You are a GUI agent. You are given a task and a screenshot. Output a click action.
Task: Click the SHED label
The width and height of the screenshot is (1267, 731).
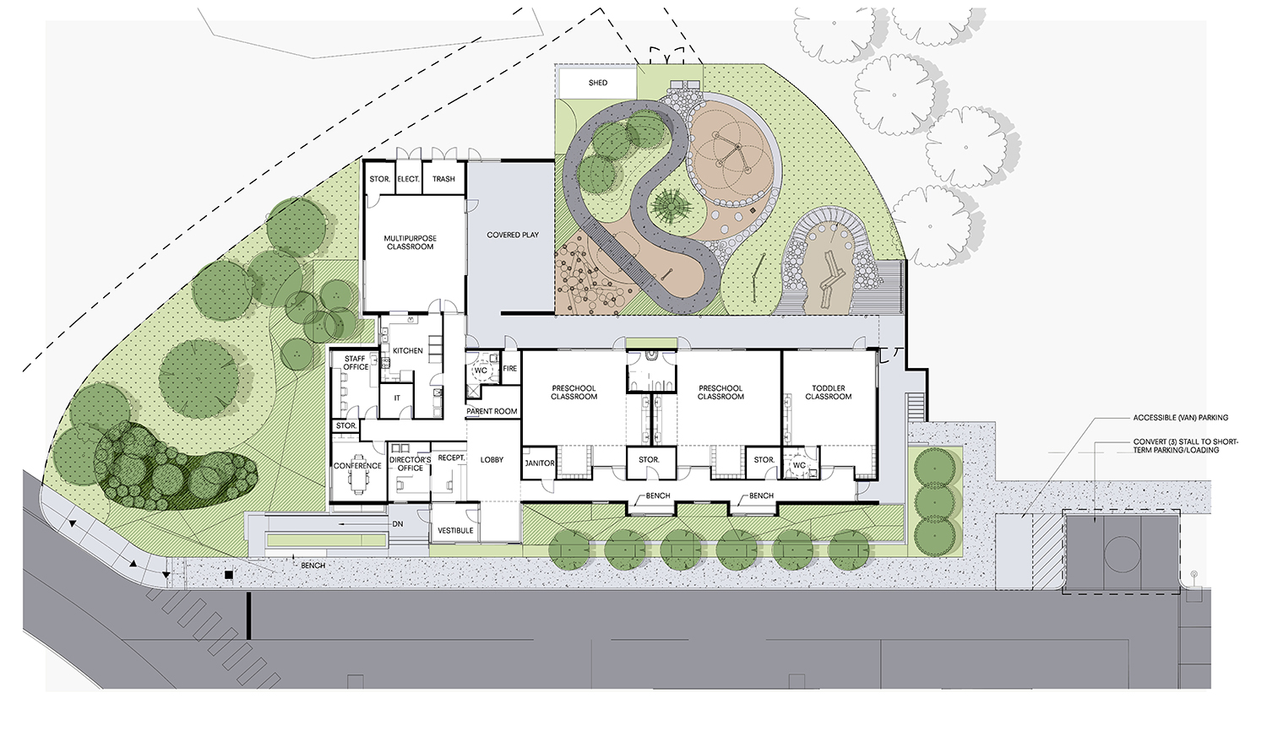(x=598, y=83)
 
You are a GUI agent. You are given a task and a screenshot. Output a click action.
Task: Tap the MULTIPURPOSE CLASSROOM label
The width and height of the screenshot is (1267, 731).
(x=411, y=242)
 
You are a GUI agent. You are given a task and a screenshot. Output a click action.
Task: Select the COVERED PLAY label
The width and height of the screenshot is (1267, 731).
(x=513, y=235)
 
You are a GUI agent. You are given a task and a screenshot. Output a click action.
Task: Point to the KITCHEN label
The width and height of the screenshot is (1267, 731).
(x=408, y=350)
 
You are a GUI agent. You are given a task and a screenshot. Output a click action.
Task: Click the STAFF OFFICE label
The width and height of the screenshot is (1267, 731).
(x=356, y=363)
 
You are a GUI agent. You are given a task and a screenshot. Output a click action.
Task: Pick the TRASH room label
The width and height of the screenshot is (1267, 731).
(x=443, y=179)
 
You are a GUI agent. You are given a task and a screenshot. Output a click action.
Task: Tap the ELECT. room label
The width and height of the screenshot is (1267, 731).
(x=408, y=179)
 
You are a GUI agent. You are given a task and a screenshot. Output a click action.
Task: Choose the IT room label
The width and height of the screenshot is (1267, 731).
(x=397, y=398)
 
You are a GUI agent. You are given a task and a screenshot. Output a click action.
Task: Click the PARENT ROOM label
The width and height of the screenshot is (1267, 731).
(x=492, y=412)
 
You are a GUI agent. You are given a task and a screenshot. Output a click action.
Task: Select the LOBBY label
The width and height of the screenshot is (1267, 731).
(x=492, y=460)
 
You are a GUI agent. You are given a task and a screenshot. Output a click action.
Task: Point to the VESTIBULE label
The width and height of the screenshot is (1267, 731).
(x=455, y=531)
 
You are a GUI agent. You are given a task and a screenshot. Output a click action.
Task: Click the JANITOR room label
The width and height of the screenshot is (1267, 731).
(x=540, y=463)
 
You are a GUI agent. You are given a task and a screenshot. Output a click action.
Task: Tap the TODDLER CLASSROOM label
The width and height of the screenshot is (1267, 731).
(x=829, y=393)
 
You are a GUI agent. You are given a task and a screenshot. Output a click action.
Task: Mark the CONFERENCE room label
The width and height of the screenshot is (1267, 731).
(x=357, y=466)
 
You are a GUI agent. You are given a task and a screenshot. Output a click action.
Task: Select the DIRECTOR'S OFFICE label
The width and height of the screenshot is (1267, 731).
(x=411, y=463)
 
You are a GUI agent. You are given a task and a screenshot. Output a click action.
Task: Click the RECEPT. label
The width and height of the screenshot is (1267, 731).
(x=451, y=458)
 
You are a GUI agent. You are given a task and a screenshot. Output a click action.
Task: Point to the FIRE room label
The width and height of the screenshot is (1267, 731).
(x=509, y=369)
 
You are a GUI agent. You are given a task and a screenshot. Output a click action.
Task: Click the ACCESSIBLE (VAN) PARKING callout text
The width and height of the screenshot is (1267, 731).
(x=1181, y=418)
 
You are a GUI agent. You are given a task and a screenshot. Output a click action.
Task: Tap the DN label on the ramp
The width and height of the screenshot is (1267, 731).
(x=398, y=524)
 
